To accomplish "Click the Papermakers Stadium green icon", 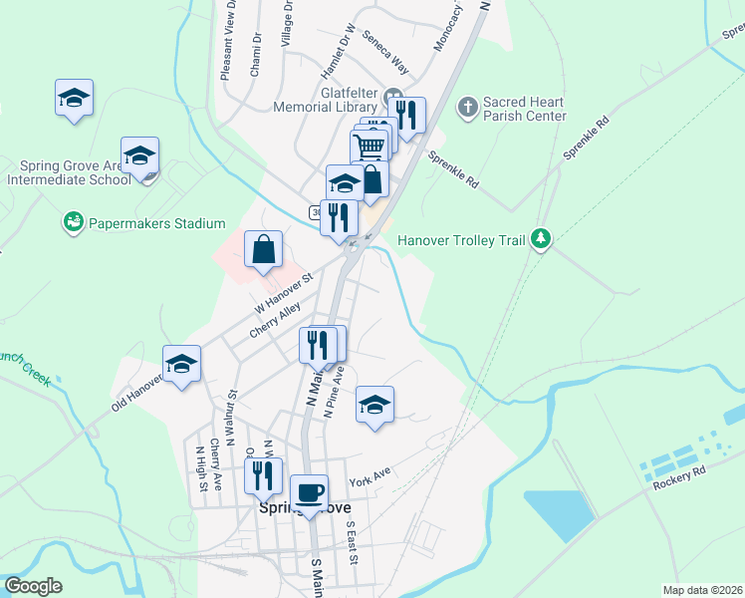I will (x=72, y=221).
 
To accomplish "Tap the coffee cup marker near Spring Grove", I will (x=309, y=491).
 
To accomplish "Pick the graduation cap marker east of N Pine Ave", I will (x=374, y=405).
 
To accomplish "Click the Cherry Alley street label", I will (x=275, y=322).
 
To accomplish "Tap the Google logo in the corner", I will (x=33, y=586).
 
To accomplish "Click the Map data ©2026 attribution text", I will (x=701, y=590).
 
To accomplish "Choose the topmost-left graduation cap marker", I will (x=74, y=98).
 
